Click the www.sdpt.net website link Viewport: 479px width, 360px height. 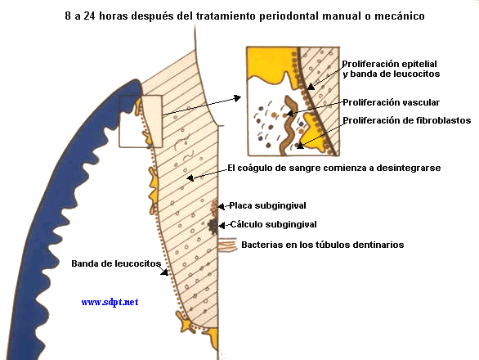110,302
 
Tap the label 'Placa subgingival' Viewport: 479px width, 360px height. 267,205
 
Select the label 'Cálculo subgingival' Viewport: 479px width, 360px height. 273,224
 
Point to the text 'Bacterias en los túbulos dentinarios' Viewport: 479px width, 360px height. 323,245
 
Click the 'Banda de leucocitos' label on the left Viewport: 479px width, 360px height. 116,263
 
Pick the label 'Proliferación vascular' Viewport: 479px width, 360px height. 391,102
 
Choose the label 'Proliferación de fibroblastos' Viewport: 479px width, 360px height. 406,120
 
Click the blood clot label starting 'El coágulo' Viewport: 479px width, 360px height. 334,168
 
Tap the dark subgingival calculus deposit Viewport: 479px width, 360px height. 213,226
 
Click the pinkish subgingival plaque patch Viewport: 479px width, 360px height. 214,205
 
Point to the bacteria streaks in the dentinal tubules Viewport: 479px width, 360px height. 227,245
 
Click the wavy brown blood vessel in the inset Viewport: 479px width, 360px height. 288,125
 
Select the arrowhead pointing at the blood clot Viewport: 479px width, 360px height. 190,178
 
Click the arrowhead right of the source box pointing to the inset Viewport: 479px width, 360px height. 237,98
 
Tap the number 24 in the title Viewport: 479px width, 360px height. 89,16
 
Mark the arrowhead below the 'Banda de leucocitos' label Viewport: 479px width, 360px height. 165,272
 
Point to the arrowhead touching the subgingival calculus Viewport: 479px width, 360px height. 222,226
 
